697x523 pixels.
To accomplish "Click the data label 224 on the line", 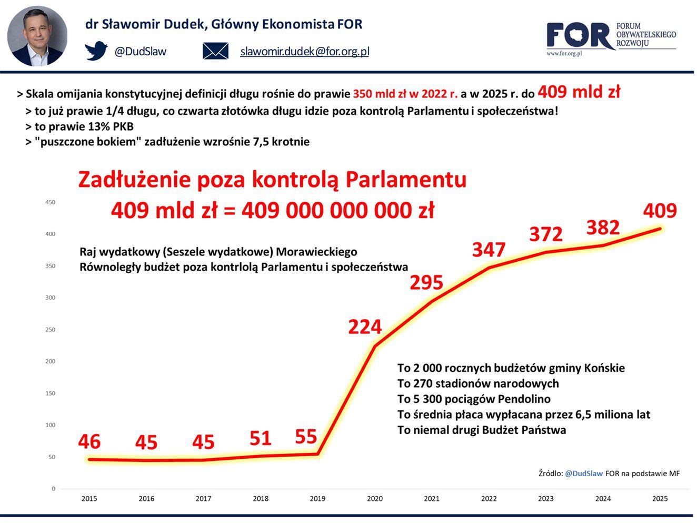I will tap(364, 327).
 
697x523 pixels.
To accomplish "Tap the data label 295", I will tap(426, 283).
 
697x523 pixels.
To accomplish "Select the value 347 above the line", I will tap(489, 250).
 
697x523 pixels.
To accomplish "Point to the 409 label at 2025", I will tap(660, 211).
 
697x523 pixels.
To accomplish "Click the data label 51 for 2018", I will tap(260, 438).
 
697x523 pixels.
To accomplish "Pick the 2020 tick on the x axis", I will tap(375, 498).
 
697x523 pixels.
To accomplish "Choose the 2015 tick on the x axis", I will tap(89, 498).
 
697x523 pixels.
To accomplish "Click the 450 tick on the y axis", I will tap(50, 202).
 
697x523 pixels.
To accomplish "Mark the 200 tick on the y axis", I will tap(50, 361).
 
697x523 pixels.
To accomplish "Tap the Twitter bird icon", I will tap(96, 51).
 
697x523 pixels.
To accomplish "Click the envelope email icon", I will tap(215, 51).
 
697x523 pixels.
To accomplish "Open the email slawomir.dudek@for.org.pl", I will tap(304, 51).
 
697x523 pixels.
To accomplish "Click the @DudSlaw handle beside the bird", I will tap(140, 51).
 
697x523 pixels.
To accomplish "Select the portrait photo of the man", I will tap(37, 36).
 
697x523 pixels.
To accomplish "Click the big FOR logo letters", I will tap(579, 36).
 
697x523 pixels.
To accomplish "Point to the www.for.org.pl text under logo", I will tap(564, 53).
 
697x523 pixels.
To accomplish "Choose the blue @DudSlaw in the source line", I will tap(583, 473).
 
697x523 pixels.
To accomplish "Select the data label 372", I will tap(545, 234).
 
